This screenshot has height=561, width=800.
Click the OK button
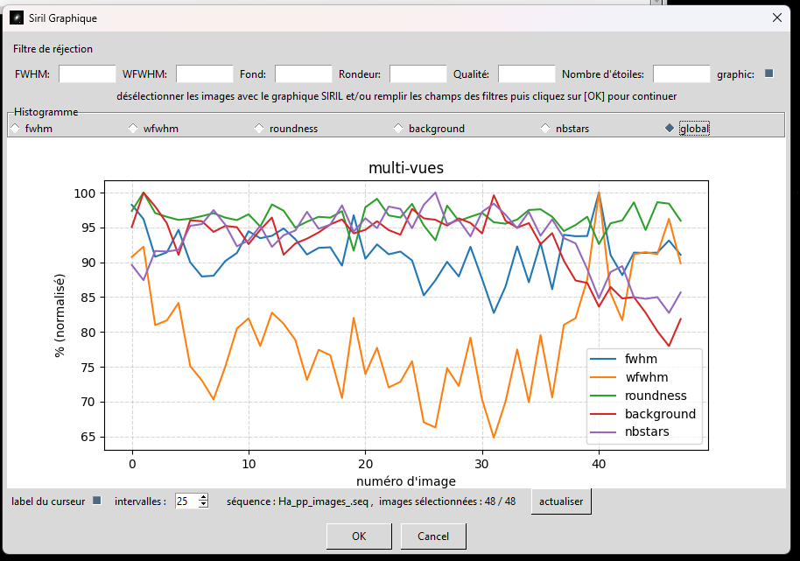359,536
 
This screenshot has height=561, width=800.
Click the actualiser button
562,501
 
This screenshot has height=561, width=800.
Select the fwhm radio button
14,129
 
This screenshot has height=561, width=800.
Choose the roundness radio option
259,129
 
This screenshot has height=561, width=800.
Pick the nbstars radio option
545,129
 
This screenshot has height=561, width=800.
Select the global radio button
670,129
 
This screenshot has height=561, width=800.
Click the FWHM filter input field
87,74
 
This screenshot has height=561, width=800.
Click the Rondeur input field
418,74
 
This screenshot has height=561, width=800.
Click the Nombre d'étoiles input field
681,74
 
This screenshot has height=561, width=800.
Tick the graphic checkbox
769,74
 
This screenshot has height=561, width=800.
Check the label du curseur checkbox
97,501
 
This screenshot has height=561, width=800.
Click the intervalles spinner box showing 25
187,501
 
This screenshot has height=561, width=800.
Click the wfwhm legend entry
646,377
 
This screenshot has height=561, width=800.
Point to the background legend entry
659,414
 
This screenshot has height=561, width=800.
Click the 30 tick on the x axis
481,464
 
